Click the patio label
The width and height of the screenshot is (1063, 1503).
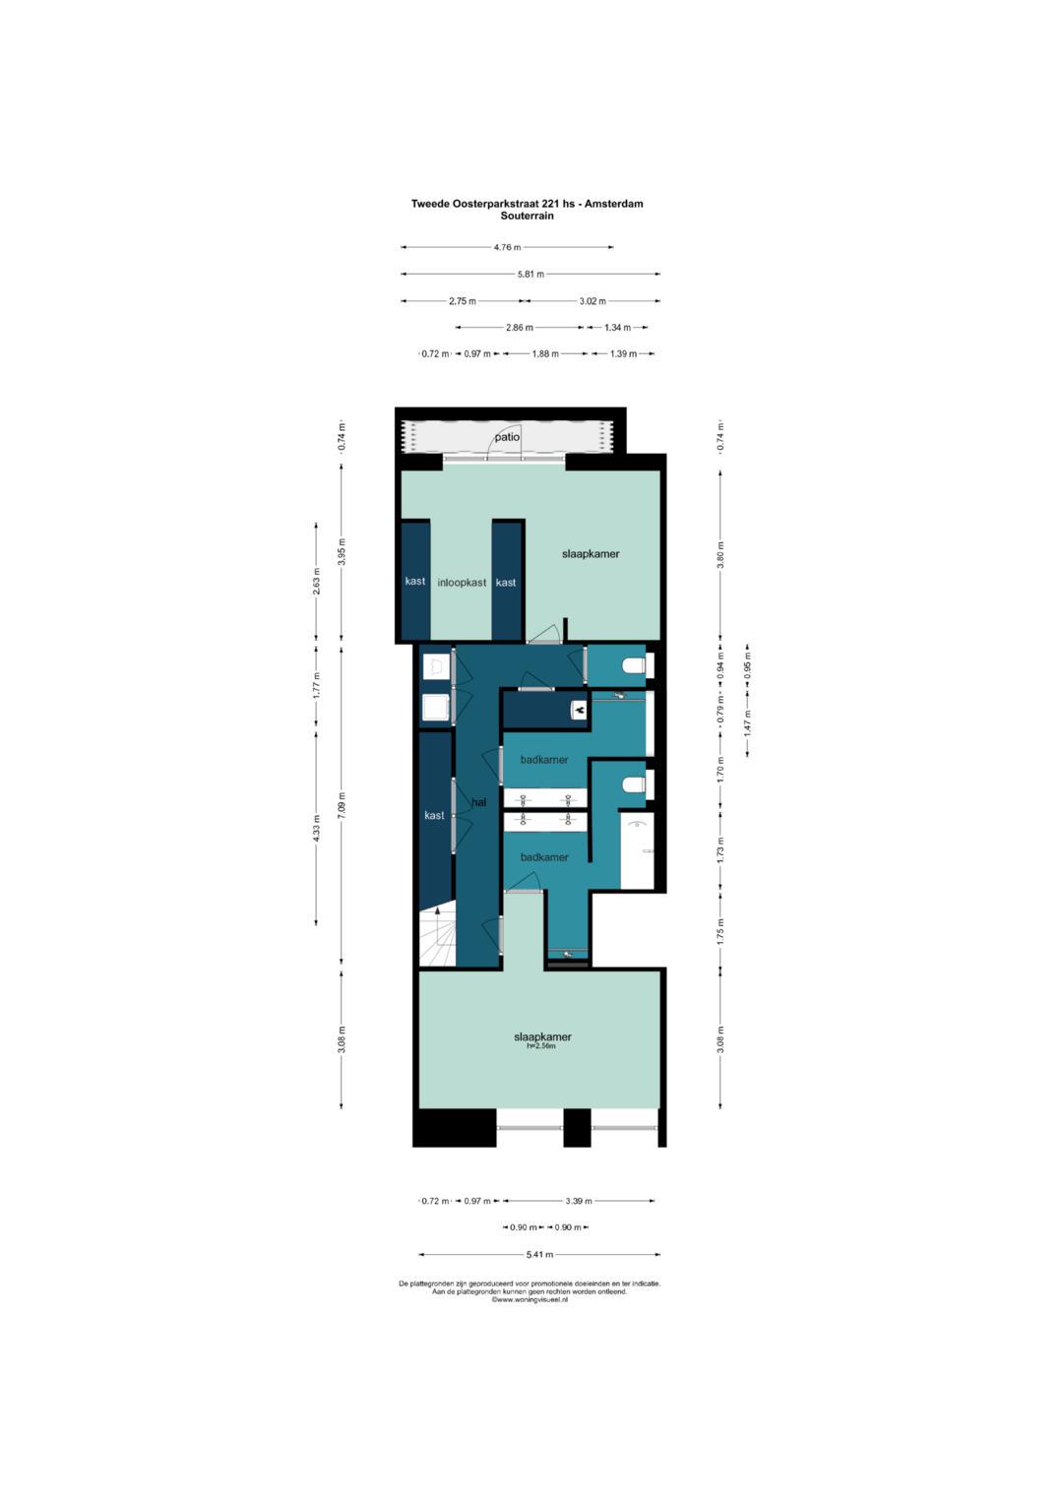point(507,437)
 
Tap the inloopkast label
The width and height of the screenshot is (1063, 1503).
point(462,583)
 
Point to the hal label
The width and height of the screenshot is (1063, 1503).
point(479,802)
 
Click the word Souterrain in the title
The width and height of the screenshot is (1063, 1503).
point(527,217)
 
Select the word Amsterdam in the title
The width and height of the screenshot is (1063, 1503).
point(613,204)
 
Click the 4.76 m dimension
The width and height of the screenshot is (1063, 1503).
point(507,247)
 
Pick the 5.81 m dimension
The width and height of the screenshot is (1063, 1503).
point(531,274)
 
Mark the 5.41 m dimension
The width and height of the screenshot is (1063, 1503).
point(539,1254)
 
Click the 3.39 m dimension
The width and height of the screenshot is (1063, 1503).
point(579,1201)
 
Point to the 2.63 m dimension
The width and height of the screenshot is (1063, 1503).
point(317,581)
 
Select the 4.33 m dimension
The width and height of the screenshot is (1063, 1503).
point(317,828)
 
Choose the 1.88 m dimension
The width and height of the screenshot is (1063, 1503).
point(545,353)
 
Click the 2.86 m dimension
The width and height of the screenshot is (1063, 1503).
point(520,328)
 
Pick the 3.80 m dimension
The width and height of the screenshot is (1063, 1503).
point(720,554)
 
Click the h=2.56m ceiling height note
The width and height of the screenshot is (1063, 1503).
point(541,1045)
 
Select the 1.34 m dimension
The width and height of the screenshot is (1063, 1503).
point(617,328)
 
